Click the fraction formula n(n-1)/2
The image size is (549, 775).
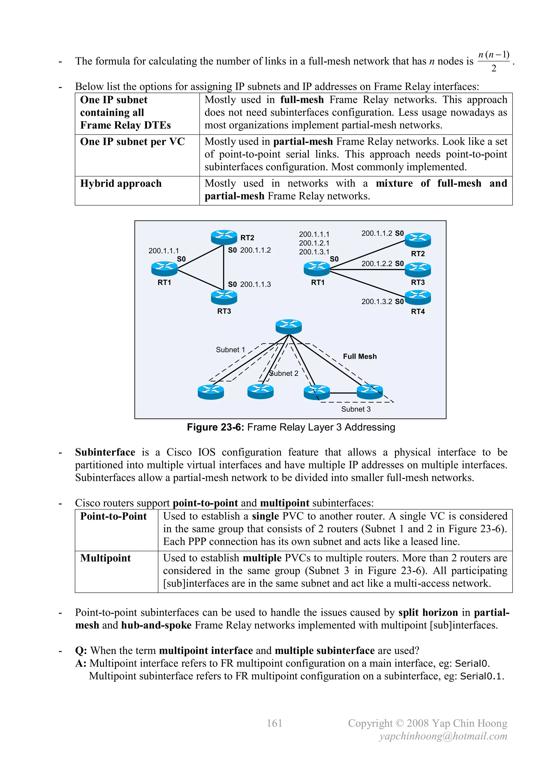[x=493, y=61]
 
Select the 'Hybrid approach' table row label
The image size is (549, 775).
[x=121, y=183]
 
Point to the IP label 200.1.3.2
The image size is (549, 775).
[x=377, y=301]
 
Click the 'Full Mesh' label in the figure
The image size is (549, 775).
[x=359, y=356]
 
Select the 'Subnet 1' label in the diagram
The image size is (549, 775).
[x=230, y=350]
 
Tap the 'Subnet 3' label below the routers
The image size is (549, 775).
[x=356, y=409]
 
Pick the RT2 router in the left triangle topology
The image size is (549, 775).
[x=224, y=237]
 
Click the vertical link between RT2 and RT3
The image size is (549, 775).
[x=224, y=268]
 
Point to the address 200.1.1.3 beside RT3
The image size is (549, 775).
[x=255, y=284]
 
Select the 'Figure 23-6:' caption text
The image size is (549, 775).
[x=215, y=427]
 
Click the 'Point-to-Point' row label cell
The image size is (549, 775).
[x=113, y=516]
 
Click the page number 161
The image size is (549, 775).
[x=274, y=723]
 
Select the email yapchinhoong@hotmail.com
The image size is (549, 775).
[x=443, y=736]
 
